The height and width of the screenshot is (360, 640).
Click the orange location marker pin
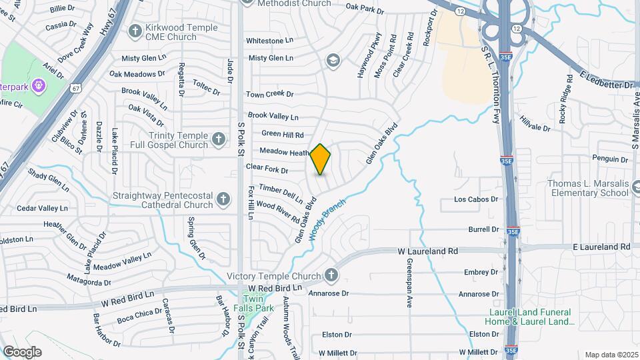(x=321, y=159)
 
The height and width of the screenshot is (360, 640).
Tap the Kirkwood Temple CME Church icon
(x=135, y=31)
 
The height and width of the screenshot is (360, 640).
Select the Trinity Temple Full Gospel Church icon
(x=218, y=140)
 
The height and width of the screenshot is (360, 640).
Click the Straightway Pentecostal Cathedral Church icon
(x=223, y=199)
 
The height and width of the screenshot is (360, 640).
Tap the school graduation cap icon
(x=331, y=61)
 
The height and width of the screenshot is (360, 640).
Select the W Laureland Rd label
(x=428, y=251)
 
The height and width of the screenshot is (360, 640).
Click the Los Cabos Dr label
(x=476, y=199)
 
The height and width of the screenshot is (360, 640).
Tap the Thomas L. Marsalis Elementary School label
(x=587, y=188)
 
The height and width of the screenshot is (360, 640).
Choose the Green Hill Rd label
(x=283, y=134)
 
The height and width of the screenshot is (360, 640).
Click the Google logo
(x=22, y=352)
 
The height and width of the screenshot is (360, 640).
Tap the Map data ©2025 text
(x=611, y=355)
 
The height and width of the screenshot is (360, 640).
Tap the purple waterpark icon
(x=38, y=85)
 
